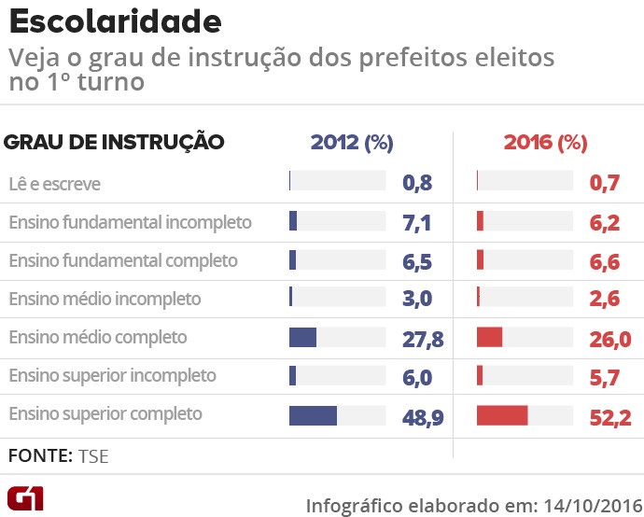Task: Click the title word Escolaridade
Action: click(116, 21)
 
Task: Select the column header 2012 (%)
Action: click(352, 143)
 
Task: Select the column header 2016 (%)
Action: click(545, 143)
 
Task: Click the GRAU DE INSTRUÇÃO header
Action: click(114, 143)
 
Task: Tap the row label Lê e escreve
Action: click(54, 184)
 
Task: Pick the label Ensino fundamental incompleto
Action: click(130, 222)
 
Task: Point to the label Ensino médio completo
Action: click(98, 337)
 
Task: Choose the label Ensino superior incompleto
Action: click(112, 375)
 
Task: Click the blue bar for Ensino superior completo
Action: click(313, 415)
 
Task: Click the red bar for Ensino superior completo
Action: click(502, 415)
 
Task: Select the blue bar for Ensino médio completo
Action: click(302, 337)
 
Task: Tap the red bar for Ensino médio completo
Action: click(489, 337)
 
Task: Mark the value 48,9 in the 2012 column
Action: click(423, 416)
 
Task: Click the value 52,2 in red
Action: click(610, 416)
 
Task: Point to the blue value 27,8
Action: click(423, 339)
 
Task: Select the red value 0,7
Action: click(605, 184)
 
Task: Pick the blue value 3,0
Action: click(417, 300)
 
